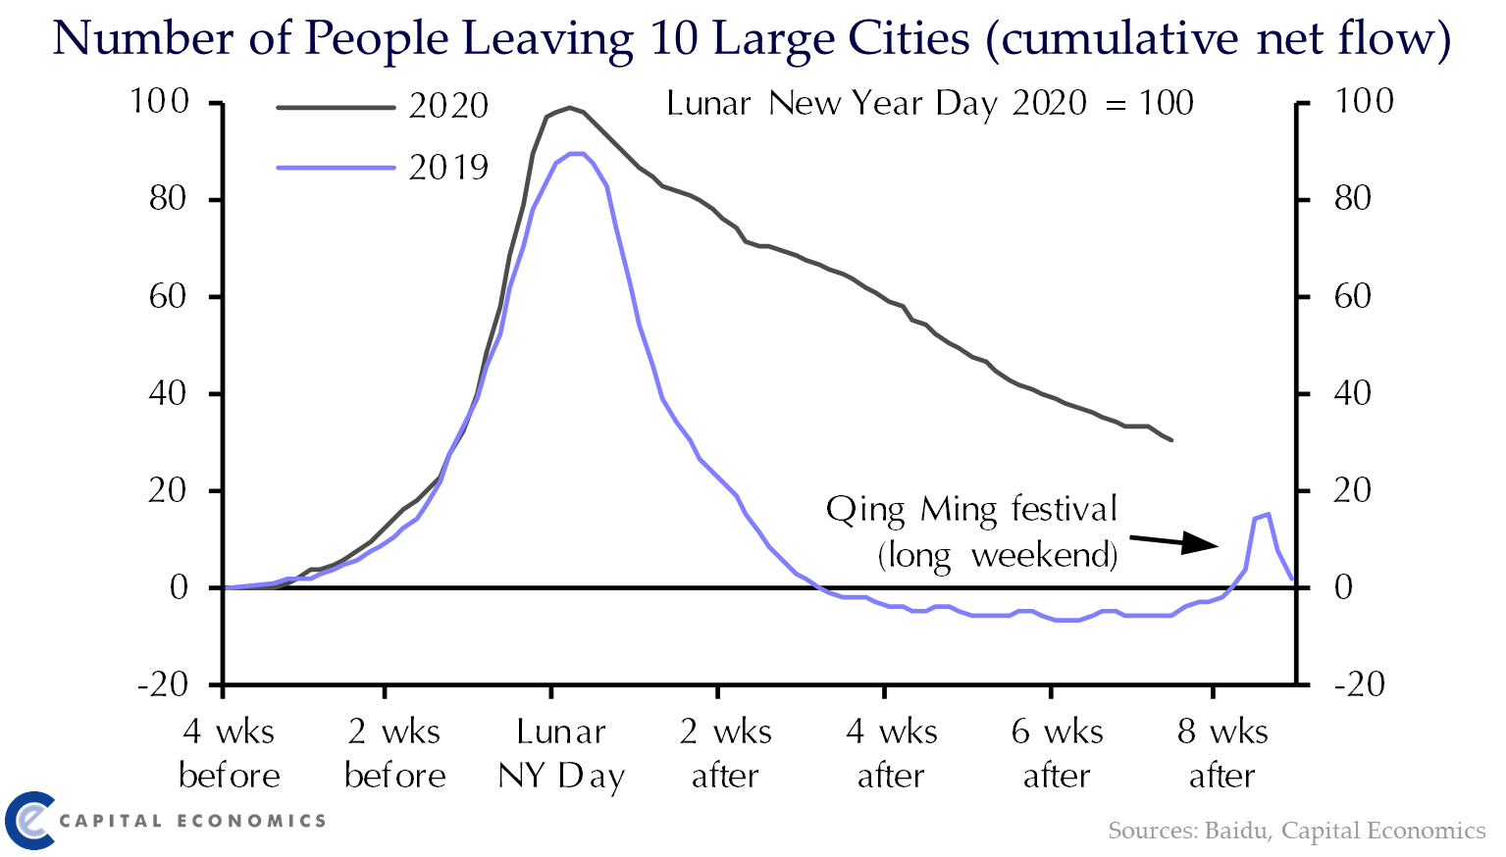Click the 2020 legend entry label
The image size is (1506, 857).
tap(448, 106)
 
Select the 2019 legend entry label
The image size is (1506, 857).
tap(448, 168)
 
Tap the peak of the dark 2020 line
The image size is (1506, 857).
tap(569, 108)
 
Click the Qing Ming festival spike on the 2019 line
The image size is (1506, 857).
tap(1268, 515)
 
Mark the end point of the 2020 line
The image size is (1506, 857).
tap(1171, 440)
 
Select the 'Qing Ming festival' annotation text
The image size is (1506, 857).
tap(971, 510)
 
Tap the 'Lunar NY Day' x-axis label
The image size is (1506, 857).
tap(561, 753)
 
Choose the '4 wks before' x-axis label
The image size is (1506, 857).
tap(229, 753)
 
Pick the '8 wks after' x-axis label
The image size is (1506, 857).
tap(1221, 753)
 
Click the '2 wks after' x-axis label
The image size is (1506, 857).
tap(725, 753)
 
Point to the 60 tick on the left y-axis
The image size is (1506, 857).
tap(167, 296)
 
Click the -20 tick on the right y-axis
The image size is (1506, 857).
tap(1359, 684)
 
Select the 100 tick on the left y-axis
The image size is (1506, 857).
tap(159, 101)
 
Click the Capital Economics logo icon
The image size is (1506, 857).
tap(29, 820)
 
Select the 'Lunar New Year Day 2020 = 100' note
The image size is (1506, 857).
tap(929, 103)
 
